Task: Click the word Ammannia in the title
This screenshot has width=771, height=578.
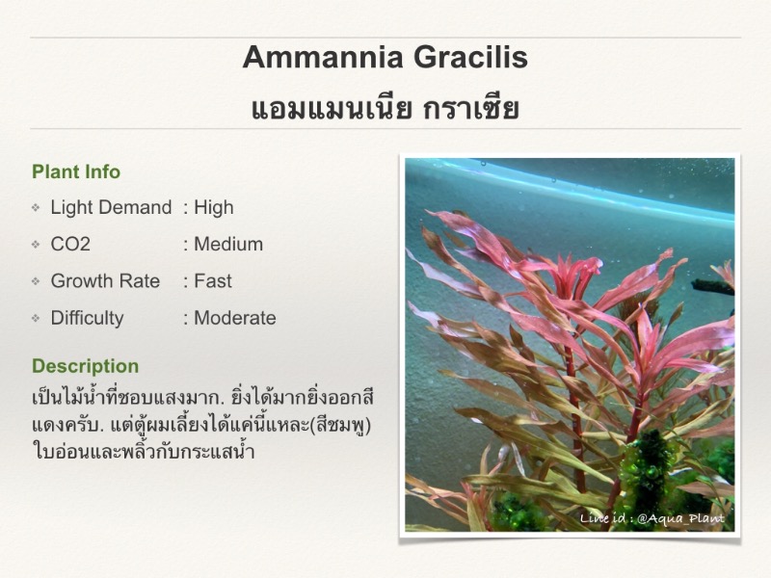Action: tap(323, 57)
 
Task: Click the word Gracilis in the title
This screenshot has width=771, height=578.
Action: tap(470, 57)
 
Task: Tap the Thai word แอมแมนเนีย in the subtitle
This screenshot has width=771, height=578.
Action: tap(332, 108)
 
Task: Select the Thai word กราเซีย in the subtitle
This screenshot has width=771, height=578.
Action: tap(471, 108)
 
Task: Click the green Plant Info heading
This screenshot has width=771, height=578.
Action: tap(76, 172)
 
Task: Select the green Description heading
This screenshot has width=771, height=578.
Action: tap(86, 366)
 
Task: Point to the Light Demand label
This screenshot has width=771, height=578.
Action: tap(111, 207)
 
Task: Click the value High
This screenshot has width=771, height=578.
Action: tap(213, 207)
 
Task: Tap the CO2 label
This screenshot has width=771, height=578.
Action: tap(70, 245)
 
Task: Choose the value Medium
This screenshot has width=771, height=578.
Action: tap(228, 245)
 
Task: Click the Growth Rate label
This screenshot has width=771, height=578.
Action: tap(105, 281)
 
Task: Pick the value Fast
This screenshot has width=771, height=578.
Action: tap(213, 281)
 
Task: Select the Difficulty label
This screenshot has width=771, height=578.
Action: tap(87, 318)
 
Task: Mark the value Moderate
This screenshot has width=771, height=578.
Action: tap(235, 318)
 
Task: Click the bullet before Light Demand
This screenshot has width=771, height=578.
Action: tap(36, 207)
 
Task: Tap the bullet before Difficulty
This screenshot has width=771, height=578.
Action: tap(36, 318)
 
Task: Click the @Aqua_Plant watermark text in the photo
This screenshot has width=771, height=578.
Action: tap(680, 518)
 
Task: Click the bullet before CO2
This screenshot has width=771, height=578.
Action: tap(36, 245)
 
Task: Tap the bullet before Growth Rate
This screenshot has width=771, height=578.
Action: tap(36, 281)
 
